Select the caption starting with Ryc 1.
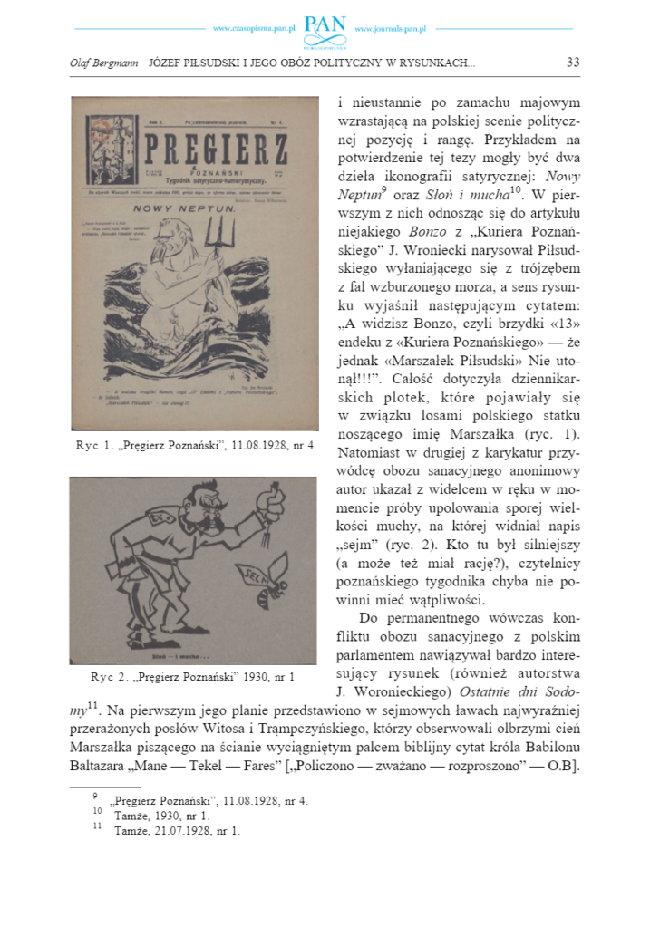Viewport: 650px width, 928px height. point(195,446)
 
